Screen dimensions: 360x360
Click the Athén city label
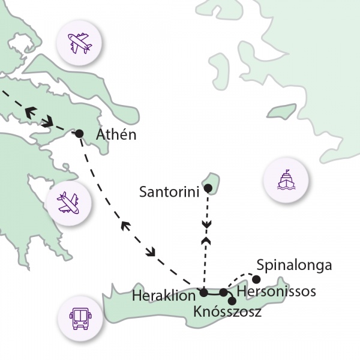(x=116, y=135)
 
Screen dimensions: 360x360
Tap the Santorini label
(x=169, y=193)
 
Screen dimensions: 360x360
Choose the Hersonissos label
(x=277, y=292)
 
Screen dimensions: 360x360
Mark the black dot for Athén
(x=79, y=133)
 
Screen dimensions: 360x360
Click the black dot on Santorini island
(x=208, y=189)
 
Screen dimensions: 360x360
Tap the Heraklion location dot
(x=203, y=293)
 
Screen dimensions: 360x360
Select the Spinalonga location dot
(x=256, y=279)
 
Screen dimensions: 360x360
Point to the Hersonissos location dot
(x=223, y=292)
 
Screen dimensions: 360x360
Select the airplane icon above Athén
(x=80, y=41)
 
